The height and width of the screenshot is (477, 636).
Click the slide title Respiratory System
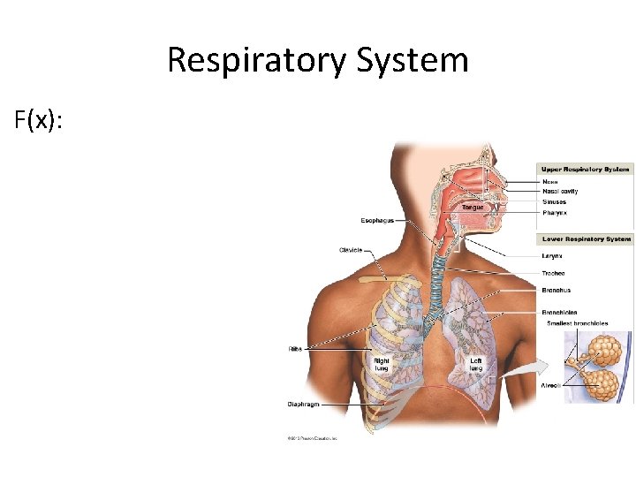(317, 60)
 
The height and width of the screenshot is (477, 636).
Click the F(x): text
(39, 120)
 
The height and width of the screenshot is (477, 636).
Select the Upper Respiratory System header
(585, 169)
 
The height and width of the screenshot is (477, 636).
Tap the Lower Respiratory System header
(585, 238)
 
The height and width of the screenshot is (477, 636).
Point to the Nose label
(550, 181)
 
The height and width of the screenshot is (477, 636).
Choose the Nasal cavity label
(560, 191)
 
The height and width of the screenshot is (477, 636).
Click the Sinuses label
(555, 202)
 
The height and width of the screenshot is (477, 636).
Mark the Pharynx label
(555, 213)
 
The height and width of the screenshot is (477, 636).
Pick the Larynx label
(553, 256)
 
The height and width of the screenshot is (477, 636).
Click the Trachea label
(555, 273)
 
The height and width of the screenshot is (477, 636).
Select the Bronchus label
(556, 290)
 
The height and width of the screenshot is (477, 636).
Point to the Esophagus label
(377, 220)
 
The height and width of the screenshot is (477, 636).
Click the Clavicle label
(351, 250)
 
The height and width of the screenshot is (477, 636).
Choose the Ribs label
(295, 348)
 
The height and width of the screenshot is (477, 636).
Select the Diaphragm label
(303, 405)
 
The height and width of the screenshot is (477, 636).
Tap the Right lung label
(382, 364)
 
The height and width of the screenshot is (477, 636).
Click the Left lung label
(475, 364)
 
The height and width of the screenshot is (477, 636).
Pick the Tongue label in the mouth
(473, 208)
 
